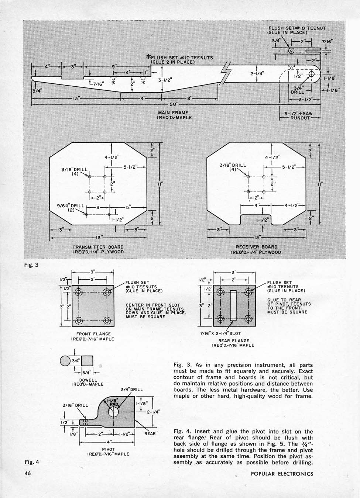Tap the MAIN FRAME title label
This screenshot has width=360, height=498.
pyautogui.click(x=173, y=113)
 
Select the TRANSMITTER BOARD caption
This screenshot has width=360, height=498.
pyautogui.click(x=98, y=247)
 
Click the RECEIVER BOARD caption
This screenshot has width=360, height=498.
pyautogui.click(x=257, y=247)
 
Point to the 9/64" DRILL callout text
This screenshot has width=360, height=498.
pyautogui.click(x=71, y=205)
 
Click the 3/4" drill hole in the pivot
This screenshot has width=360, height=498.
pyautogui.click(x=114, y=412)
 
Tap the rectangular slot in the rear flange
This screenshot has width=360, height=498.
pyautogui.click(x=233, y=305)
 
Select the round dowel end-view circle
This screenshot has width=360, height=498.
pyautogui.click(x=65, y=361)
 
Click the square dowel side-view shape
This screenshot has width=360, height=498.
pyautogui.click(x=87, y=361)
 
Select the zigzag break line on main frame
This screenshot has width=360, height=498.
pyautogui.click(x=226, y=73)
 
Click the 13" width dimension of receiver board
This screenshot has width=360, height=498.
pyautogui.click(x=257, y=238)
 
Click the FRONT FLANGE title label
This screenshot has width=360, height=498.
pyautogui.click(x=93, y=334)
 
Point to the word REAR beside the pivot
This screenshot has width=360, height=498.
pyautogui.click(x=150, y=433)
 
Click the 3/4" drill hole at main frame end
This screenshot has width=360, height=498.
pyautogui.click(x=312, y=74)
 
